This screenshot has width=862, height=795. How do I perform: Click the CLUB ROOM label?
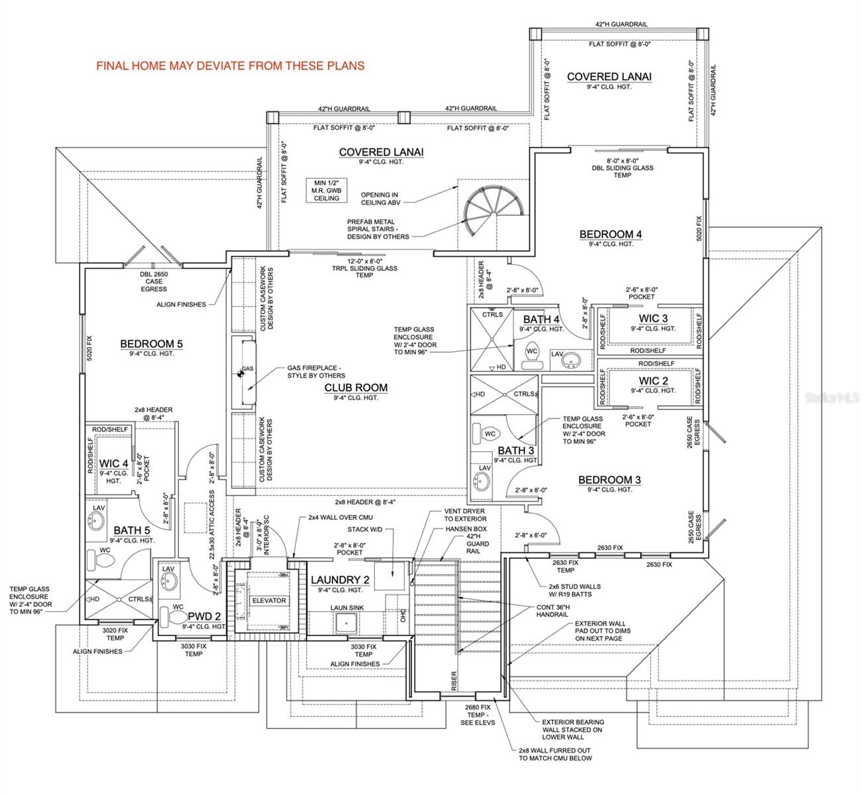pos(356,388)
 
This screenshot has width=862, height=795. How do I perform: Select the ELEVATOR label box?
pos(270,600)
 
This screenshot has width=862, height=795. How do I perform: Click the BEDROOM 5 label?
pos(151,344)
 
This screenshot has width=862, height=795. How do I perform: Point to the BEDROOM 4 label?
pos(610,234)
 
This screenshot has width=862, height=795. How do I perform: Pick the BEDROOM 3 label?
pos(610,480)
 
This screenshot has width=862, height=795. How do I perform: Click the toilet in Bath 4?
pos(532,354)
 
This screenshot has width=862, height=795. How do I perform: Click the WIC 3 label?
pos(653,319)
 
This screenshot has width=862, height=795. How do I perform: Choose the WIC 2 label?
pos(653,380)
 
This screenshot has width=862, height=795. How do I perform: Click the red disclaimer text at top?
pos(231,66)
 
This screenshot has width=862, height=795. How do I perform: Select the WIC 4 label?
pos(113,463)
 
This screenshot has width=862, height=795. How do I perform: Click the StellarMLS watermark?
pos(831,398)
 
